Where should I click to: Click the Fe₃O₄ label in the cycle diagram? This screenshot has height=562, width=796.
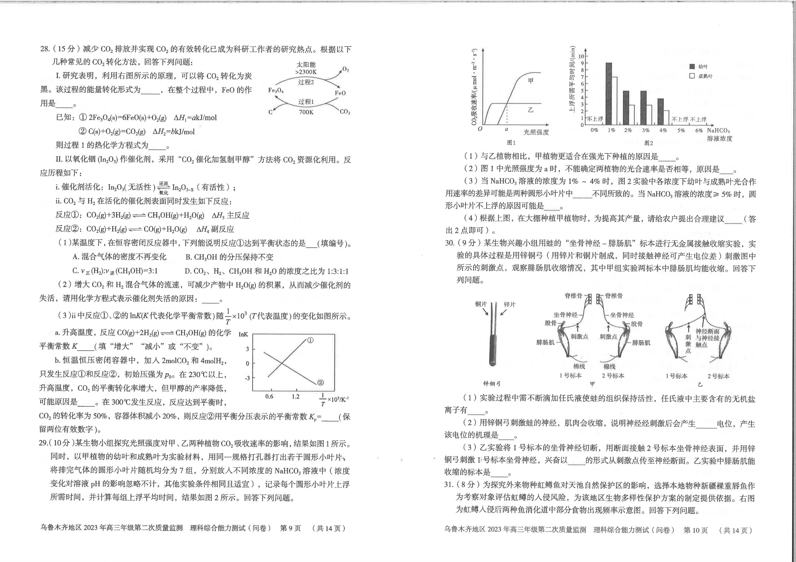[276, 91]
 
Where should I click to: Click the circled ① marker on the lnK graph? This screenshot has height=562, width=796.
[310, 341]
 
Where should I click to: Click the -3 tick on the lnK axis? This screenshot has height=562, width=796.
[247, 378]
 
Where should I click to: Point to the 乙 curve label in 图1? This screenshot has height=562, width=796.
[530, 110]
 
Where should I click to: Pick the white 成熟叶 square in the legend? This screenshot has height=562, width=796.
[692, 76]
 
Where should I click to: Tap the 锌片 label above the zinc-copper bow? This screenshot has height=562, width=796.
[509, 304]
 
